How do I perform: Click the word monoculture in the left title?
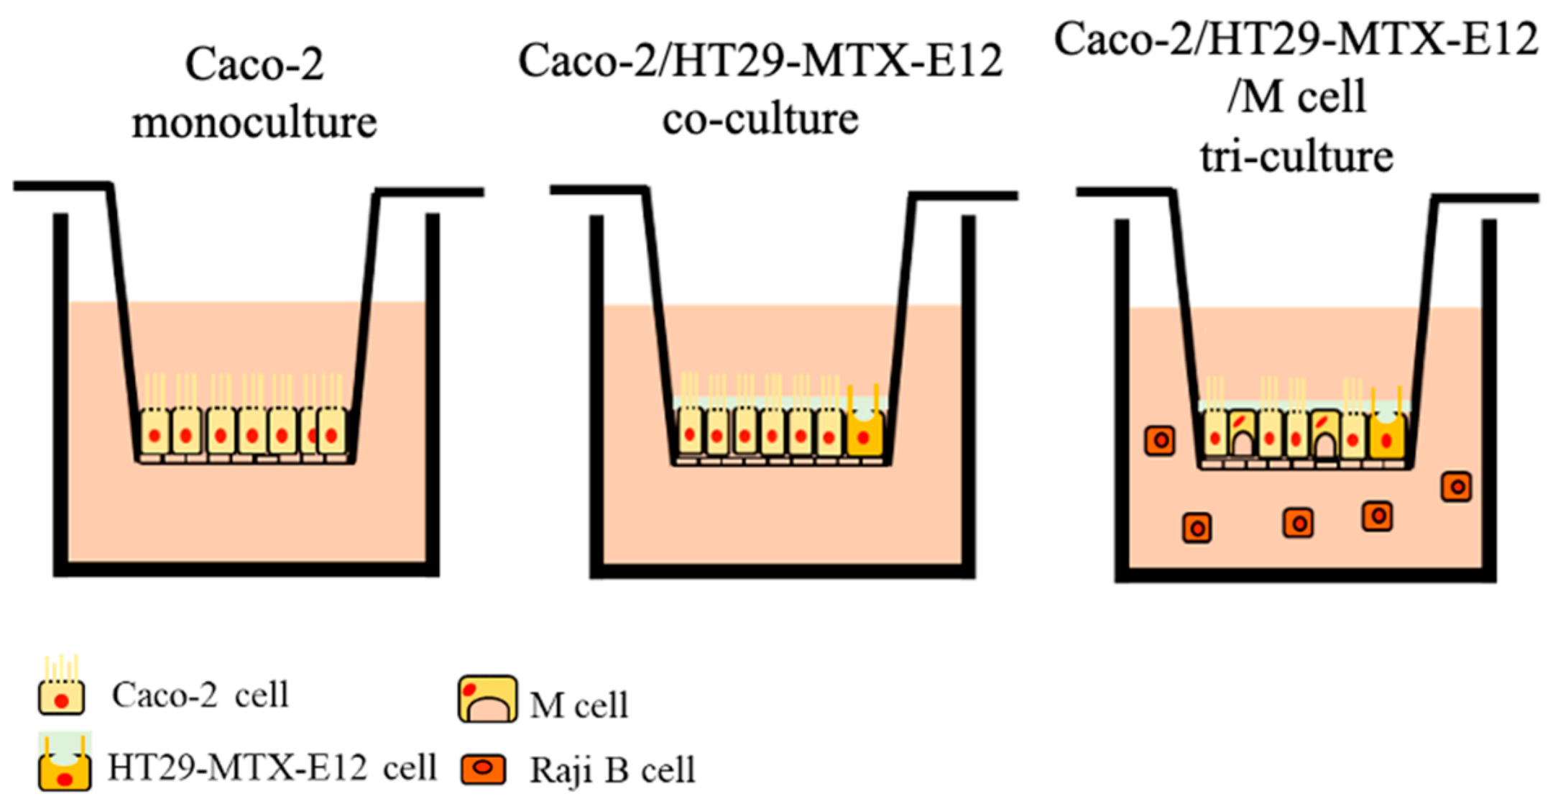[x=254, y=123]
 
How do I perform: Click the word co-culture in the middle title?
[x=760, y=119]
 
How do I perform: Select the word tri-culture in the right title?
[x=1296, y=157]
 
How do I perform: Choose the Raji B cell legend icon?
[x=484, y=769]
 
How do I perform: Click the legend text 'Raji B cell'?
[x=612, y=770]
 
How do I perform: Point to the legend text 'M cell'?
[x=579, y=705]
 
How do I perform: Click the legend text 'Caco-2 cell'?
[x=200, y=695]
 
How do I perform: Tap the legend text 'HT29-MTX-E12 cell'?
[x=272, y=767]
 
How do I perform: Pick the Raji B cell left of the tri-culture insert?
[x=1160, y=440]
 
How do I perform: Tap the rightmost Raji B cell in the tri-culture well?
[x=1456, y=487]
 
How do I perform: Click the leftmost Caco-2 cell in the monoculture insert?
[x=155, y=432]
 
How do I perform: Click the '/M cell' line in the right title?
[x=1296, y=96]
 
